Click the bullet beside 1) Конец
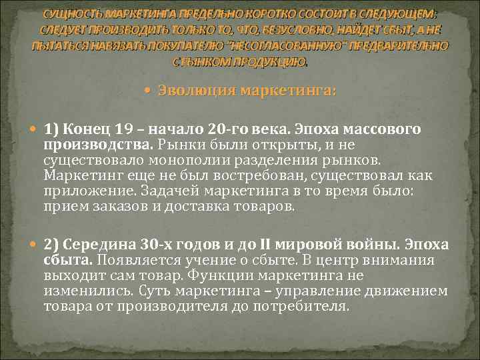(x=35, y=129)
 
